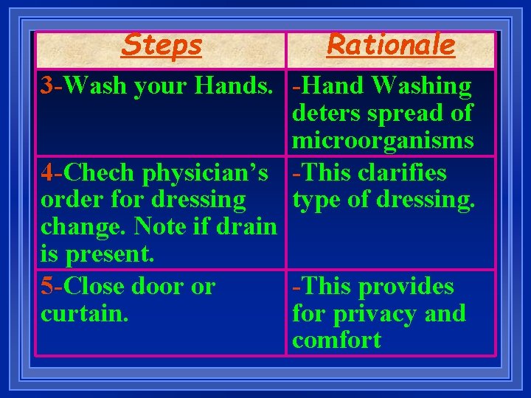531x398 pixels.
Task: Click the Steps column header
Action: click(x=162, y=46)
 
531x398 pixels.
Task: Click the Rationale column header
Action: click(x=391, y=45)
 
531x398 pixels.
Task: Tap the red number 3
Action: click(x=47, y=86)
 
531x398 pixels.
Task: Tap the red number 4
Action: click(x=47, y=173)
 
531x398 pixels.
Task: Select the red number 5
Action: click(x=47, y=287)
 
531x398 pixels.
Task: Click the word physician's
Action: click(x=204, y=173)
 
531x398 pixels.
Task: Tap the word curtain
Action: click(x=85, y=314)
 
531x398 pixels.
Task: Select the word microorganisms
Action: click(x=383, y=140)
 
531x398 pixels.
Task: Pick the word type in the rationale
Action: click(x=316, y=200)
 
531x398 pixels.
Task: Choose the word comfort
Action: click(x=336, y=341)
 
